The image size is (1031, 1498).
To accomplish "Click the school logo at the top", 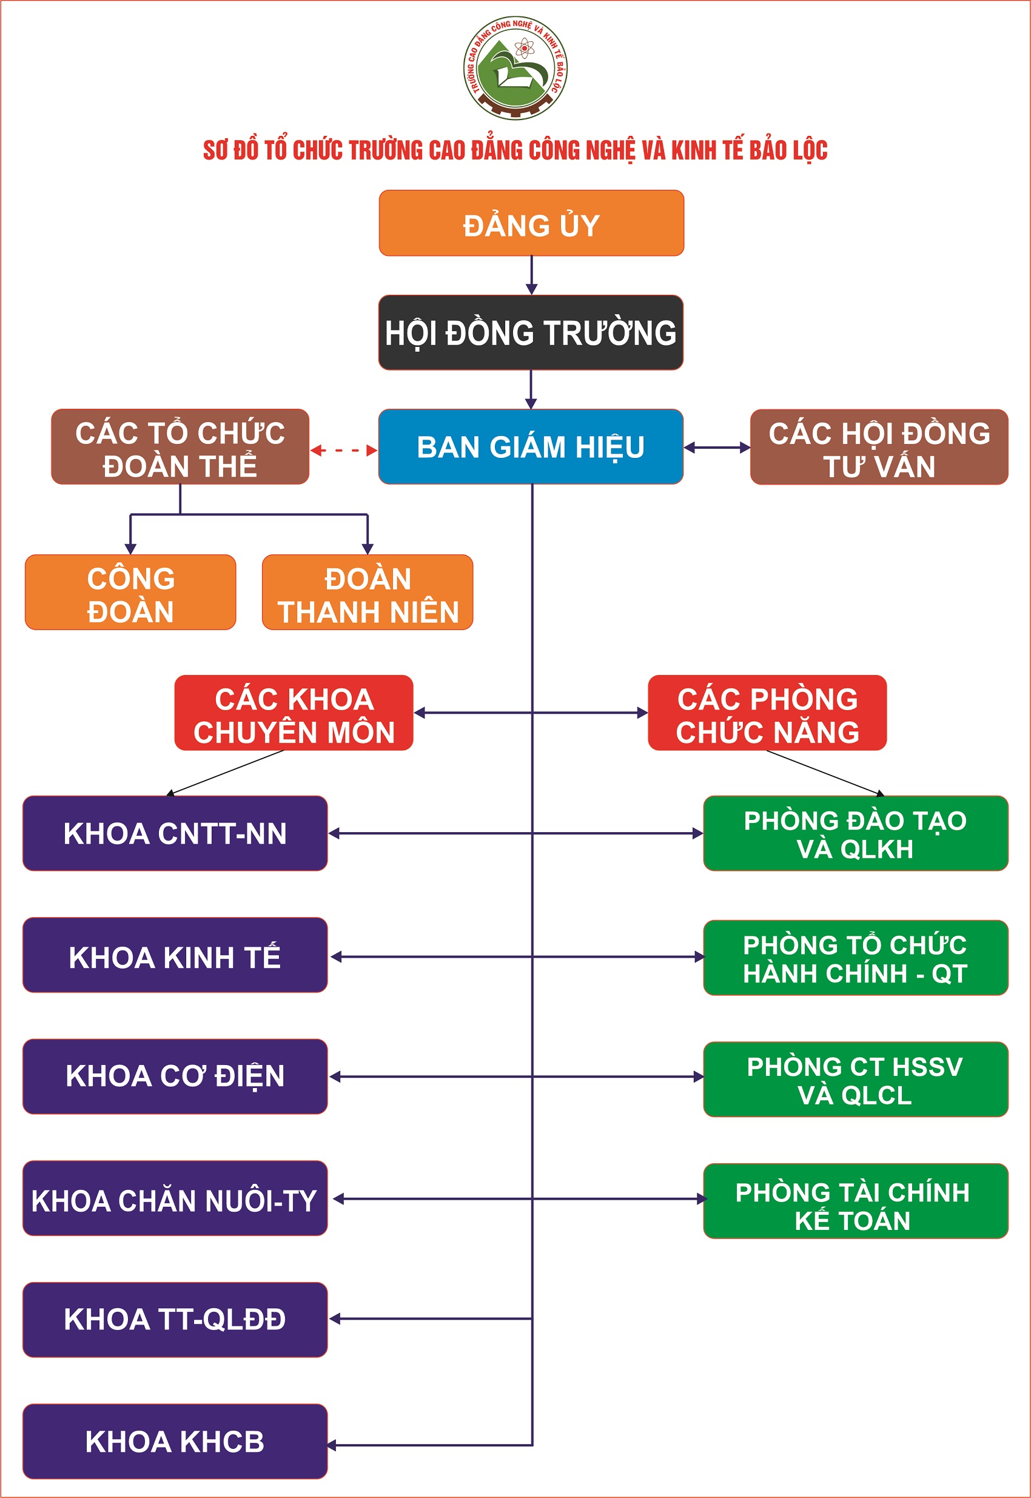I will point(515,68).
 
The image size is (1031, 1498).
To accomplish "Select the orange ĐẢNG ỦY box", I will point(531,223).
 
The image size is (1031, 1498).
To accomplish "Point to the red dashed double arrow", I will point(344,450).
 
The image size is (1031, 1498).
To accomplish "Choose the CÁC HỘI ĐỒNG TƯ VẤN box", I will point(879,447).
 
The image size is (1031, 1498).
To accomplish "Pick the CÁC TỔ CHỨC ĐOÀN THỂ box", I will point(180,447).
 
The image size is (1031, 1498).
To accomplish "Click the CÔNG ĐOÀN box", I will point(130,593).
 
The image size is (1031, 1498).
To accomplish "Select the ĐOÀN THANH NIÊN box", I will point(368,593).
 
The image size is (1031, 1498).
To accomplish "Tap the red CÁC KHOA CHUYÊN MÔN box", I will point(294,713).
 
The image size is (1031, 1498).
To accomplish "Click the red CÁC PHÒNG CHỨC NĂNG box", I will point(767,713).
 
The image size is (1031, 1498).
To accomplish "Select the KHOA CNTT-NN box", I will point(175,833).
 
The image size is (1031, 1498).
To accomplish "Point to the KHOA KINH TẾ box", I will point(175,955).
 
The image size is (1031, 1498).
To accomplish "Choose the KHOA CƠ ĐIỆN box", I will point(175,1076).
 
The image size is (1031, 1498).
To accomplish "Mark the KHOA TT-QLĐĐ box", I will point(175,1320).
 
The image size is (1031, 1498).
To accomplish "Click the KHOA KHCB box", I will point(175,1441).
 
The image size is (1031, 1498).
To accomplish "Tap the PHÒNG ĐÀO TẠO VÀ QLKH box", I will point(855,833).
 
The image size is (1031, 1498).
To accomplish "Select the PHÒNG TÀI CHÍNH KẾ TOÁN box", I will point(855,1201).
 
